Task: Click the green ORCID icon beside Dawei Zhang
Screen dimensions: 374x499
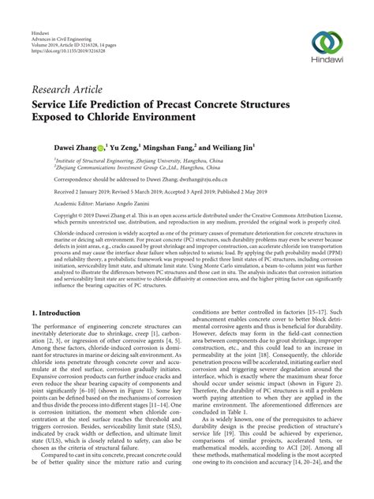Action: tap(104, 146)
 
